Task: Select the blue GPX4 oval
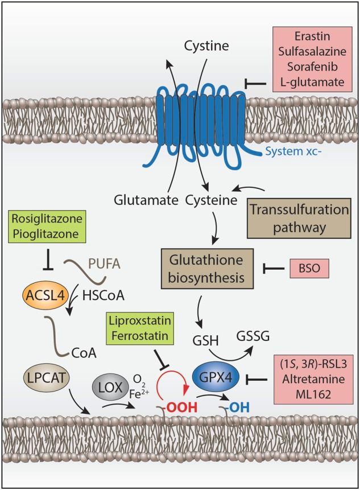(x=224, y=377)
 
